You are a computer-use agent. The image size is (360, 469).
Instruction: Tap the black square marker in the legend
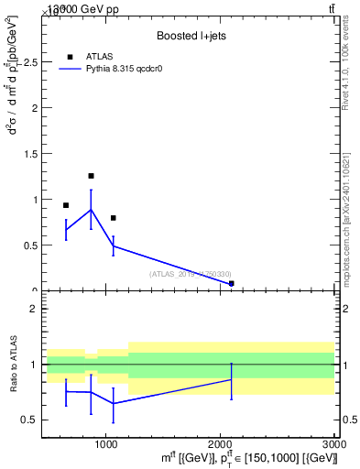[x=71, y=57]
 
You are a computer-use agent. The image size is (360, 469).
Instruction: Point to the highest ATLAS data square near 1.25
[x=91, y=176]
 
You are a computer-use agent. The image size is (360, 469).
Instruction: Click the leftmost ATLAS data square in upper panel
[x=66, y=205]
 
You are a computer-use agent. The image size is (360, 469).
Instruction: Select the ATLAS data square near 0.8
[x=113, y=218]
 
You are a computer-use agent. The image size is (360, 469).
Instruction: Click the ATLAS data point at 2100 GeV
[x=231, y=284]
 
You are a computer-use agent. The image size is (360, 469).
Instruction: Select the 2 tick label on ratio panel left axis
[x=31, y=309]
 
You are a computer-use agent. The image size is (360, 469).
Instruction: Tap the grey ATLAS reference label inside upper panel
[x=191, y=274]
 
